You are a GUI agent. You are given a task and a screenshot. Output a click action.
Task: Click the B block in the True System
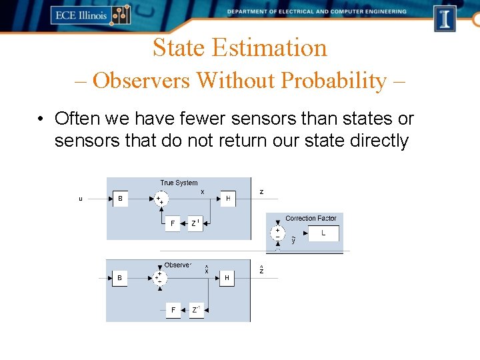[x=120, y=199]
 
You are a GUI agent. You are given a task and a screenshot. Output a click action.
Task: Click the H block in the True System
[x=228, y=199]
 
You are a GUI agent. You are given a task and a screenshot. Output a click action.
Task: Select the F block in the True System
[x=173, y=224]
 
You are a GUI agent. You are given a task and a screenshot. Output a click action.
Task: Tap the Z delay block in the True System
[x=196, y=224]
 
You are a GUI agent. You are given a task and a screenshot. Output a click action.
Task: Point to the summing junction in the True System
[x=161, y=199]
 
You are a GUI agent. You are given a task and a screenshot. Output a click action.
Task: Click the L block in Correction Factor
[x=323, y=233]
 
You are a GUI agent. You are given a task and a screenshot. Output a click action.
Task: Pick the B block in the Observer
[x=120, y=278]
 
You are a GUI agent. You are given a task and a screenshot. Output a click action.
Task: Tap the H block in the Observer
[x=227, y=278]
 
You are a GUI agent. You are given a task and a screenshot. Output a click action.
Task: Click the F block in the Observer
[x=173, y=310]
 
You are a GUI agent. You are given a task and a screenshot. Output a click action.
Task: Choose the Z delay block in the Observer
[x=196, y=310]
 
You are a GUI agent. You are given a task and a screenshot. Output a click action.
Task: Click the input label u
[x=81, y=199]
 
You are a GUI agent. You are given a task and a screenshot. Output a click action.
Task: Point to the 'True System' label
[x=179, y=183]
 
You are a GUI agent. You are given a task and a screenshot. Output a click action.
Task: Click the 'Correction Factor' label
[x=311, y=218]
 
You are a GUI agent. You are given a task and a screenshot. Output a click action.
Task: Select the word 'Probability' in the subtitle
[x=333, y=81]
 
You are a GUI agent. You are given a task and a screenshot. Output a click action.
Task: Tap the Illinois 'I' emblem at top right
[x=445, y=18]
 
